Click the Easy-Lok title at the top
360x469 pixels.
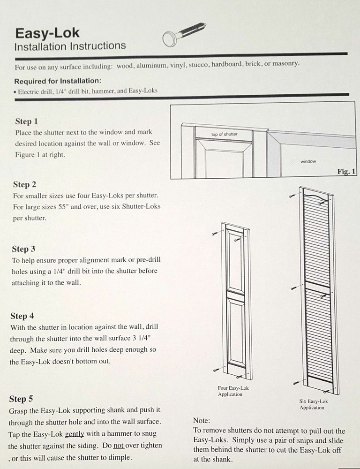coord(47,33)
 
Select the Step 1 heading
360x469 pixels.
coord(26,121)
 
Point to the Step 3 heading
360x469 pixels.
coord(23,249)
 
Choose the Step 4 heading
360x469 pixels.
coord(22,316)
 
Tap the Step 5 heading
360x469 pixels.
coord(21,399)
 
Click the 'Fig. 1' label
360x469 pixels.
coord(346,172)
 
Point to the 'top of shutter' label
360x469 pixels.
coord(224,135)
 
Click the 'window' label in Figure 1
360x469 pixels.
coord(308,161)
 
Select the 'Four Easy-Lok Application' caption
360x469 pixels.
coord(233,391)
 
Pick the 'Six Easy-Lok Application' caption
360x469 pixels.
coord(313,404)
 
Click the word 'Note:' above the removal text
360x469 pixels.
coord(202,421)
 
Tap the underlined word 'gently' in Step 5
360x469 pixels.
coord(75,434)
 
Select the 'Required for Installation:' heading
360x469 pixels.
coord(57,81)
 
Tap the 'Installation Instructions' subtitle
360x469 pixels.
coord(70,46)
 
